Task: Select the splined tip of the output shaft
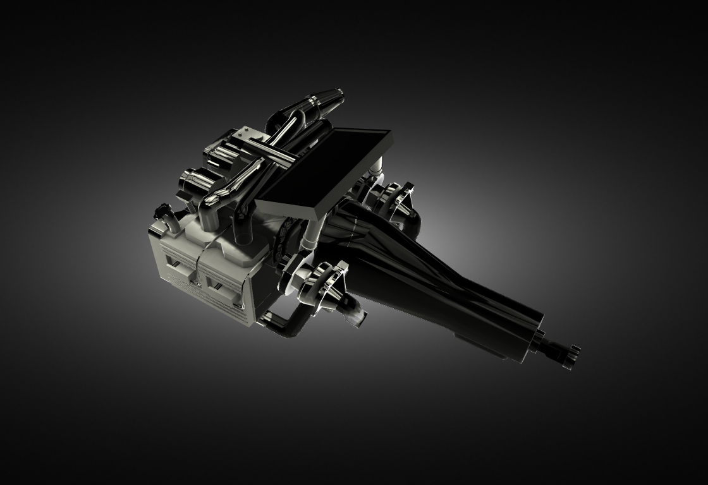click(568, 354)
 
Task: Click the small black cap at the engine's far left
click(163, 210)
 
